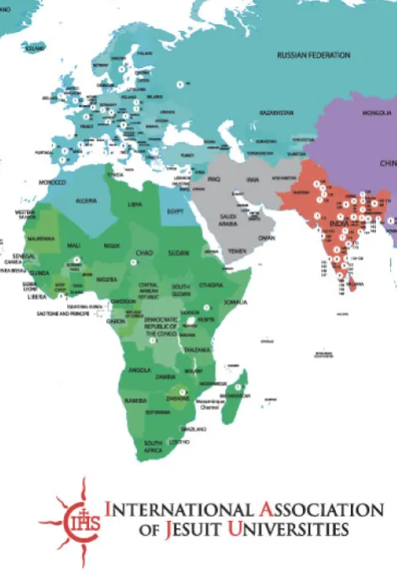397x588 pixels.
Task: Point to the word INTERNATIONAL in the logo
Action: [x=173, y=508]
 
